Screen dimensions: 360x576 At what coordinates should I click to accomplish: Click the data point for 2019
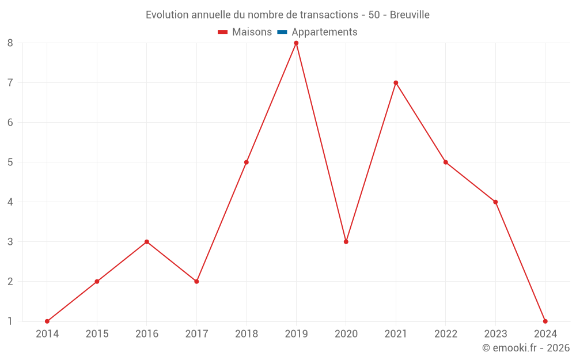click(x=296, y=43)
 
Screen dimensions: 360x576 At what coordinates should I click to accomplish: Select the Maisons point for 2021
click(x=396, y=83)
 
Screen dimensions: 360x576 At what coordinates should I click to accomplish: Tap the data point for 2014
click(x=47, y=321)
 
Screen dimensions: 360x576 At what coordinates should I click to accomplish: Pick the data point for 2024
click(x=545, y=321)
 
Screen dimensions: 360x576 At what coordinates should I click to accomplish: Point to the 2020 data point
click(x=346, y=242)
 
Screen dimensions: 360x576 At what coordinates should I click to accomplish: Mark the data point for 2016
click(x=147, y=242)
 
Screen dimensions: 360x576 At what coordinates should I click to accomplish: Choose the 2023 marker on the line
click(x=495, y=202)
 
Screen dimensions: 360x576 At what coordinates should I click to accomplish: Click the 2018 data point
click(x=247, y=162)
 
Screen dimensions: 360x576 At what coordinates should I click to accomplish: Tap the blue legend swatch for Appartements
click(x=282, y=32)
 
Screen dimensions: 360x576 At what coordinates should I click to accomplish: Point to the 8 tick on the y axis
click(x=10, y=43)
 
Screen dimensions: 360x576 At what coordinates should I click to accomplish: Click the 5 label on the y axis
click(x=10, y=162)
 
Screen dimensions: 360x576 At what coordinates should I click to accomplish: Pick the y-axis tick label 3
click(x=10, y=242)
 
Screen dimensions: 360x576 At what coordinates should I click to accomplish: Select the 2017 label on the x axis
click(x=196, y=334)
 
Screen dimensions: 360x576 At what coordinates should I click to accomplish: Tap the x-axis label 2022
click(x=446, y=334)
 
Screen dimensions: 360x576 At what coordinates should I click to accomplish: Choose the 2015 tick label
click(x=97, y=334)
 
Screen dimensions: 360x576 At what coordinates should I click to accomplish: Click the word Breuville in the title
click(x=410, y=15)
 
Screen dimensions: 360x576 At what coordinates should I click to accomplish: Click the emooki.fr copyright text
click(x=526, y=348)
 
